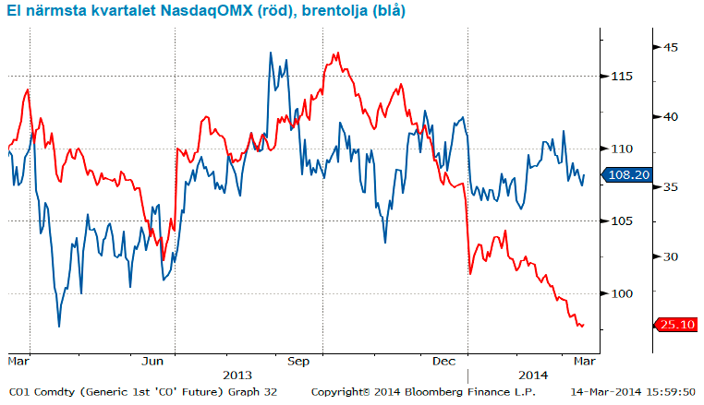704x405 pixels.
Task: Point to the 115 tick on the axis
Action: [x=622, y=76]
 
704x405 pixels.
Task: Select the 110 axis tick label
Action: [x=622, y=149]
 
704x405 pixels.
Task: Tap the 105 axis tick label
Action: [x=622, y=220]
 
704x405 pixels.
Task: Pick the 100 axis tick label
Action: [x=622, y=293]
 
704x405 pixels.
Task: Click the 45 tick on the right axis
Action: [x=671, y=47]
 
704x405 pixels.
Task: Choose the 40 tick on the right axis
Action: [x=671, y=117]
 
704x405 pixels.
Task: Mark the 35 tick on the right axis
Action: [x=671, y=187]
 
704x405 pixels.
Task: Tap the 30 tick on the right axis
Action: [x=671, y=257]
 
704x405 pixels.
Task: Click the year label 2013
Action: [x=238, y=375]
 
